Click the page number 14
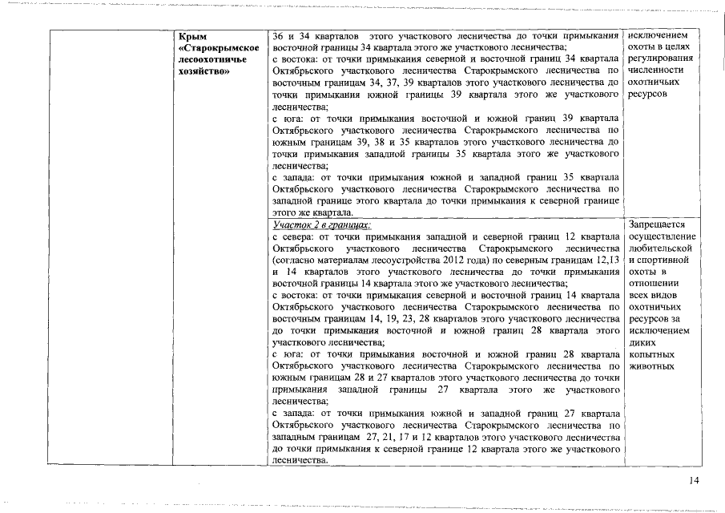click(694, 480)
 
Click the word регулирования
click(661, 59)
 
